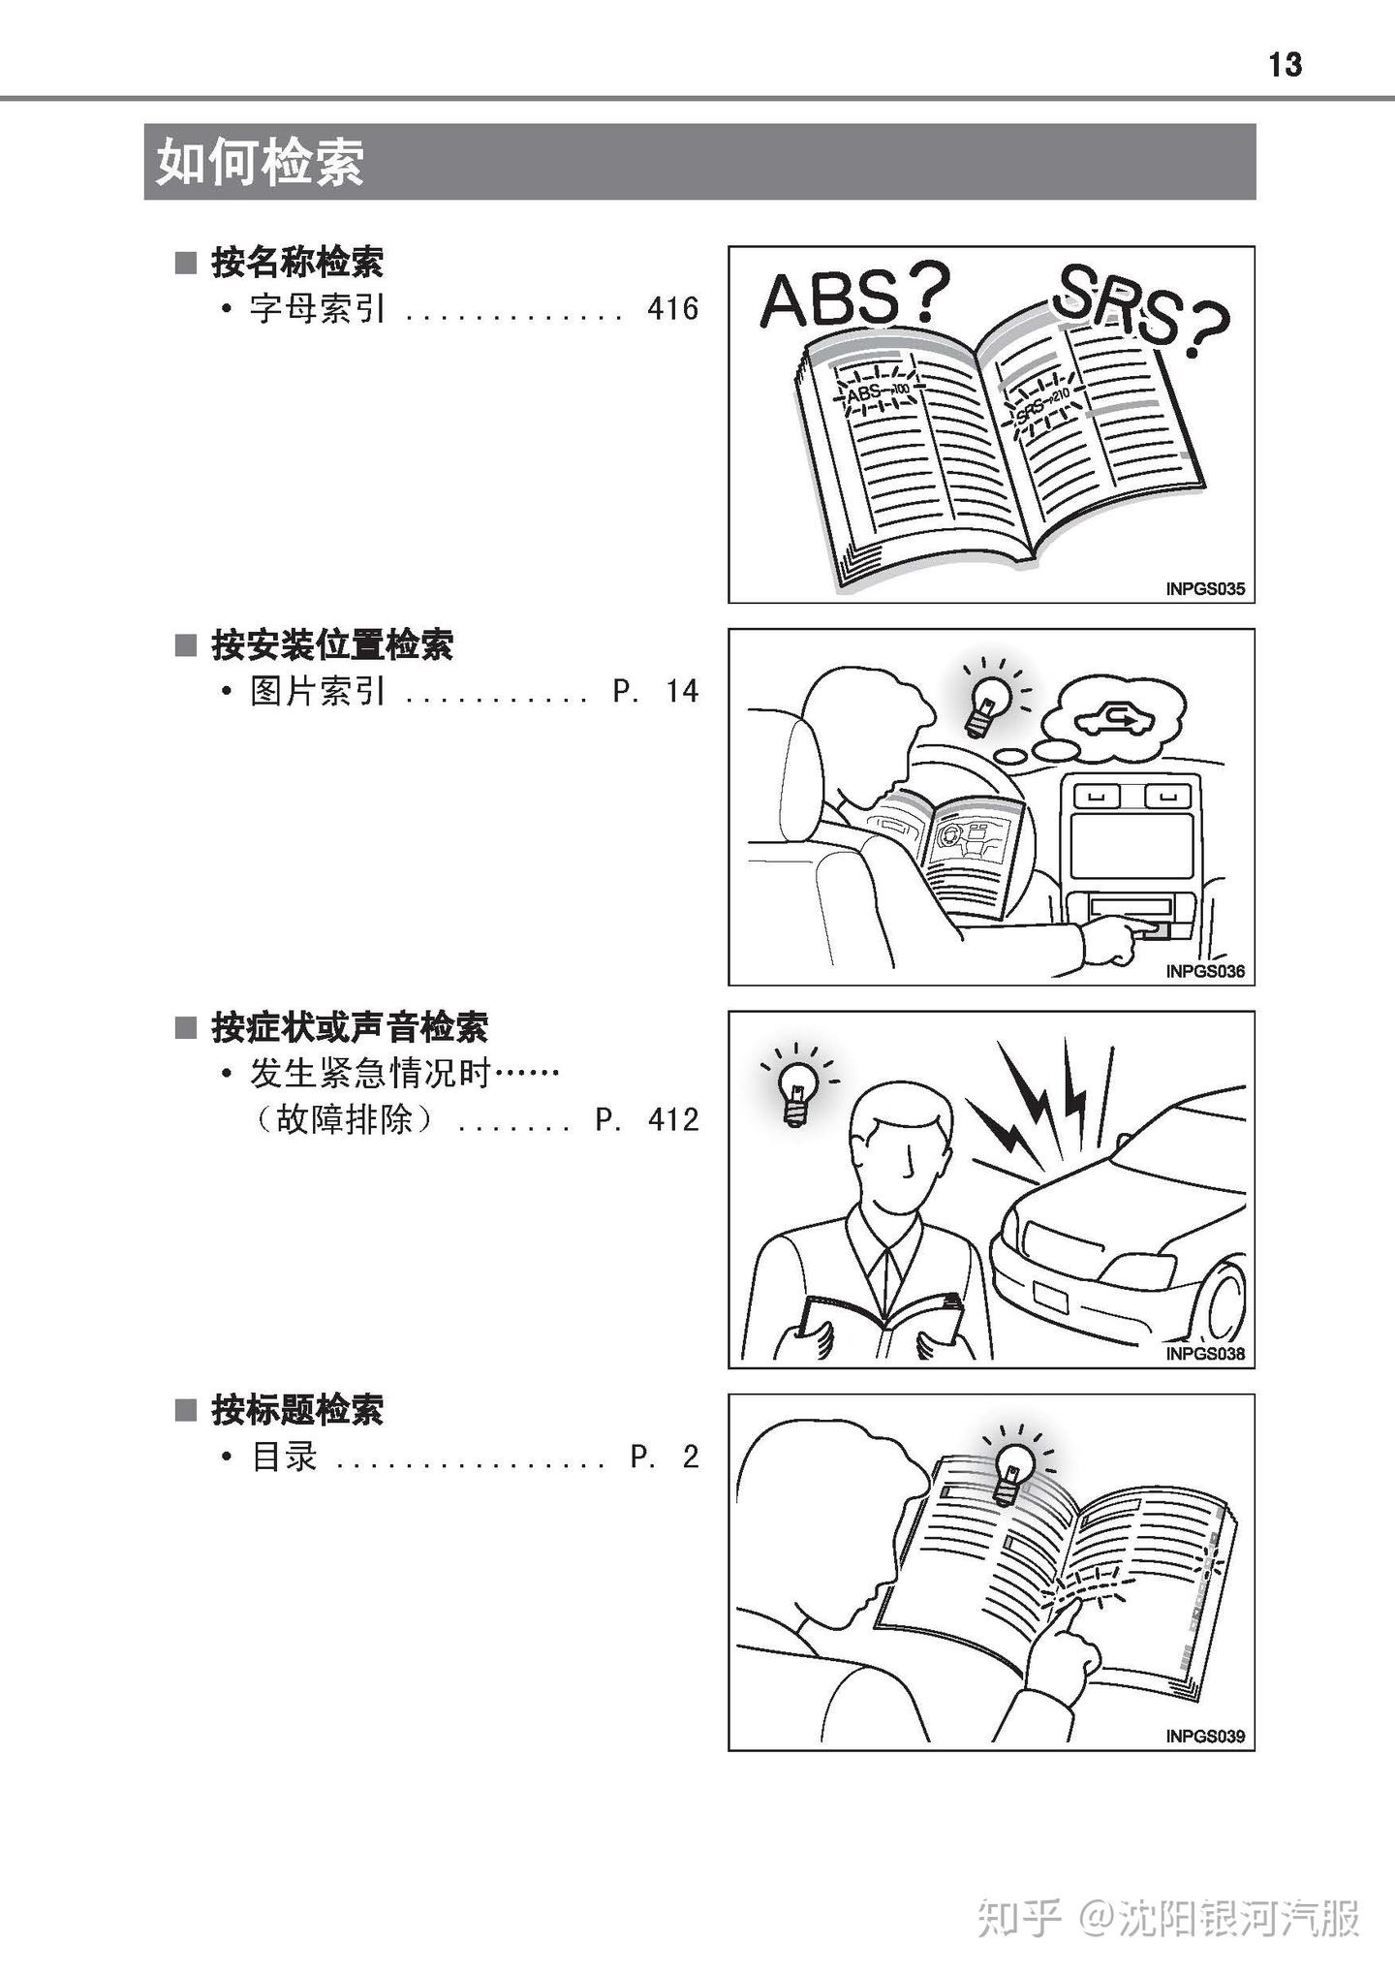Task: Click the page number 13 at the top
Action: pyautogui.click(x=1285, y=65)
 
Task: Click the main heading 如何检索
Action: pyautogui.click(x=260, y=162)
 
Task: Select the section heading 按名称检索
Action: pyautogui.click(x=297, y=262)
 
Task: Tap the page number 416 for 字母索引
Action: pyautogui.click(x=672, y=309)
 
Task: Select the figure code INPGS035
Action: pyautogui.click(x=1205, y=588)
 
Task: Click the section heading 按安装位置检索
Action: pyautogui.click(x=332, y=644)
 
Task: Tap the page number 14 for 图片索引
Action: pyautogui.click(x=682, y=691)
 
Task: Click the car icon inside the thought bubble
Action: pyautogui.click(x=1114, y=718)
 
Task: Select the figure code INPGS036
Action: pyautogui.click(x=1205, y=971)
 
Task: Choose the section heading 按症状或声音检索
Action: pyautogui.click(x=350, y=1027)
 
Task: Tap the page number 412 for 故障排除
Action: pyautogui.click(x=672, y=1120)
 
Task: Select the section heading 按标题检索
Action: pyautogui.click(x=297, y=1410)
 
